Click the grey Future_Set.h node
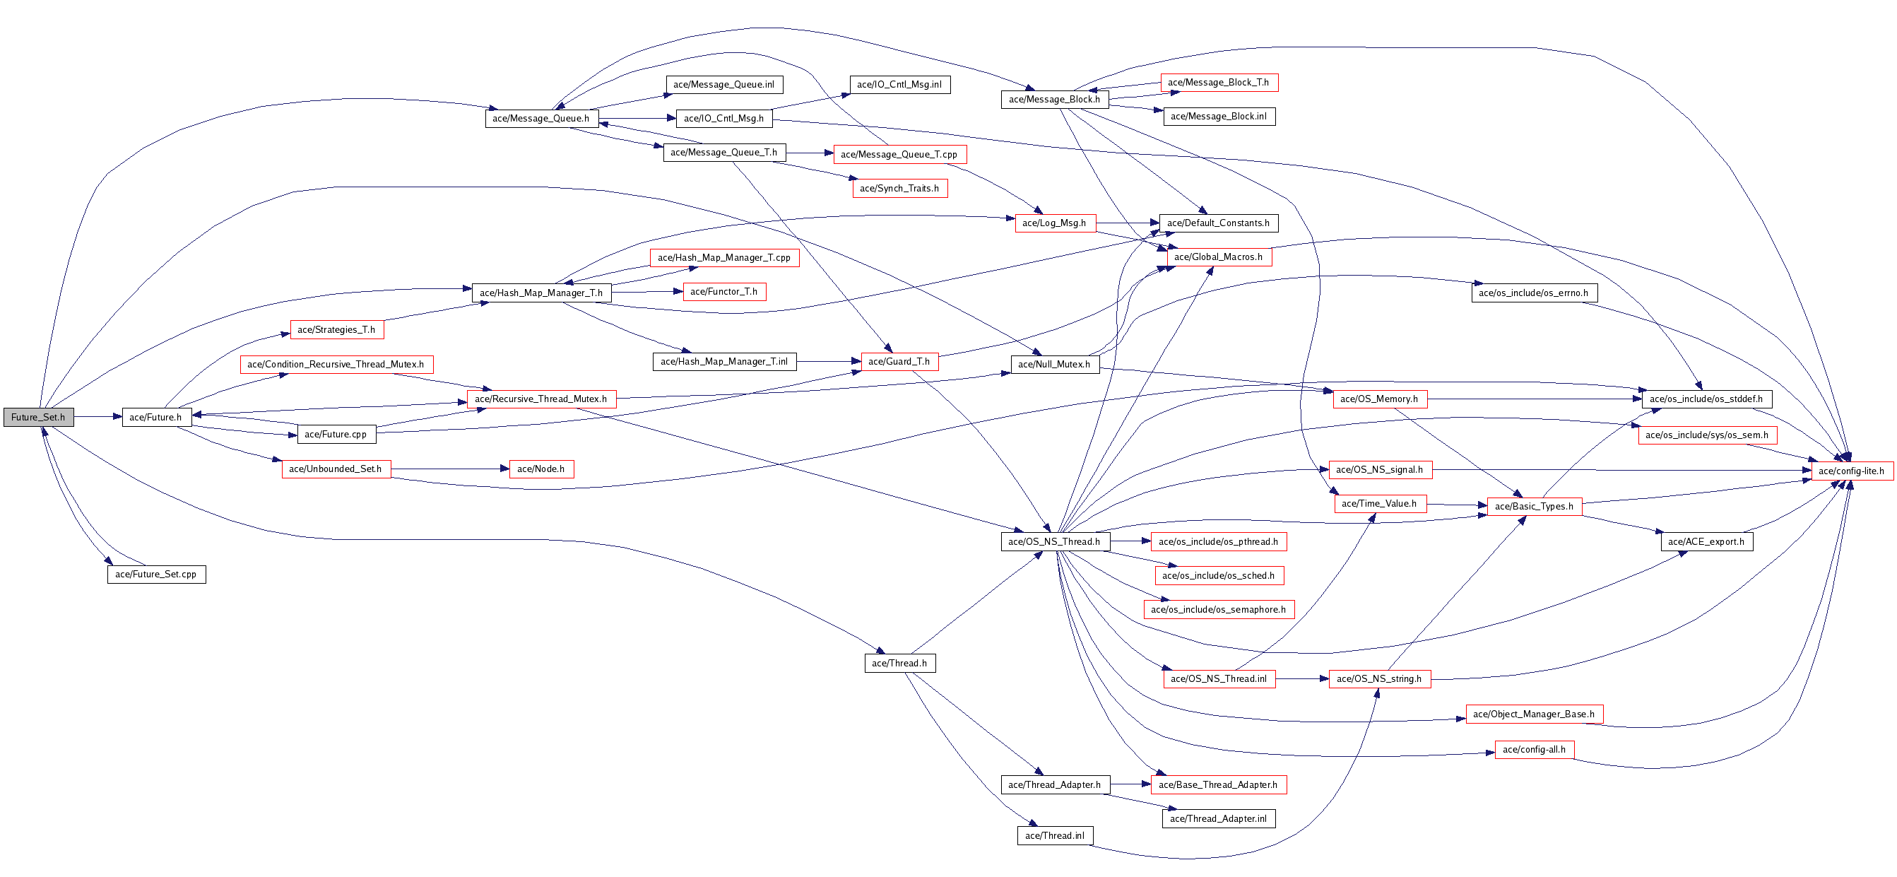tap(38, 418)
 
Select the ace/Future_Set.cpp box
tap(156, 575)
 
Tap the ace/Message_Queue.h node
tap(541, 119)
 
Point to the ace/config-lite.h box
tap(1851, 471)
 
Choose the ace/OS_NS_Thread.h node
tap(1055, 542)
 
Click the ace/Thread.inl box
tap(1055, 836)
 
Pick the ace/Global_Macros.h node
tap(1219, 257)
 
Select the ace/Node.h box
tap(541, 469)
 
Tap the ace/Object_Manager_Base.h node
tap(1534, 714)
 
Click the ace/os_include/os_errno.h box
tap(1534, 293)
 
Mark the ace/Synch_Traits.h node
tap(900, 189)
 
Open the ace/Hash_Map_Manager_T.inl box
tap(724, 362)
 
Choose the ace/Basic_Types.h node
tap(1534, 507)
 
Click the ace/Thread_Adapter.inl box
tap(1219, 819)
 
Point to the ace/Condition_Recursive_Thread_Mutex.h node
tap(336, 365)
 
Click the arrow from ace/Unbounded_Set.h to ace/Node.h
tap(450, 469)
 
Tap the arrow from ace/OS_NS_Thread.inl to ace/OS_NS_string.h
tap(1302, 679)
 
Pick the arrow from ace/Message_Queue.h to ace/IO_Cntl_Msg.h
tap(637, 118)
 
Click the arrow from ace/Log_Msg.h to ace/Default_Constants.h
tap(1128, 223)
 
